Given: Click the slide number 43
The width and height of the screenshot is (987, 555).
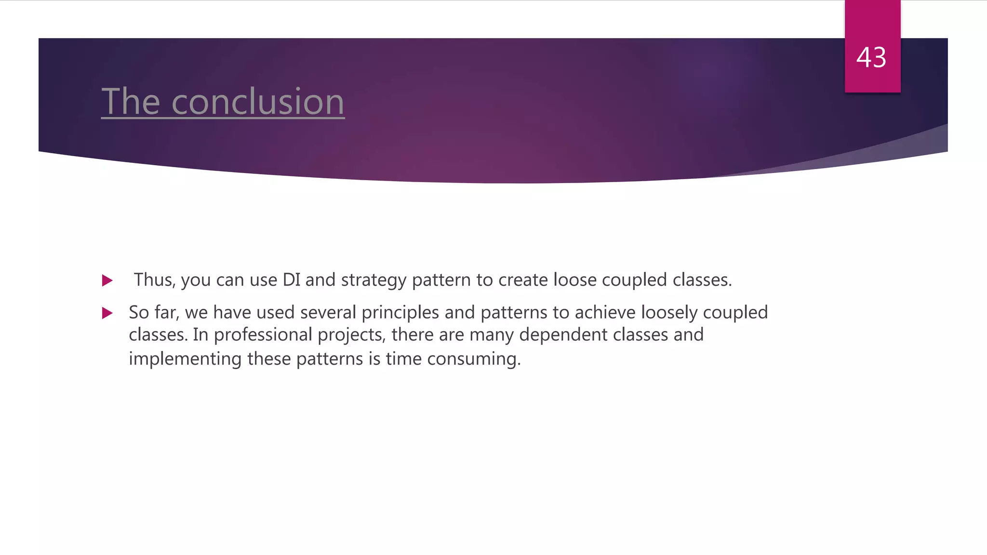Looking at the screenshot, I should click(871, 58).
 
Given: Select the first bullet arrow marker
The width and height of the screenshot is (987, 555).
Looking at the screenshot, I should click(107, 280).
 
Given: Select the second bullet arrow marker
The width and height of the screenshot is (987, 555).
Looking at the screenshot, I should click(107, 314).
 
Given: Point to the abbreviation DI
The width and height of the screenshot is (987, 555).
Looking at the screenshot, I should click(292, 280).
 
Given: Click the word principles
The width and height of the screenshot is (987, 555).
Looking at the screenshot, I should click(400, 313).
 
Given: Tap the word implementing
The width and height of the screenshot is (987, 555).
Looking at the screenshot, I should click(185, 359).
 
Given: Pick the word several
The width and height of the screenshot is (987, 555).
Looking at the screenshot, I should click(328, 313).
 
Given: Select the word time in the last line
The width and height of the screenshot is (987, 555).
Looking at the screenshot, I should click(403, 359).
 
